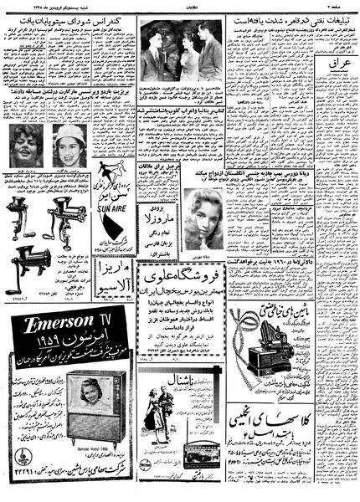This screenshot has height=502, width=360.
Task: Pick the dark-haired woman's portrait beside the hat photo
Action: pos(27,143)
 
